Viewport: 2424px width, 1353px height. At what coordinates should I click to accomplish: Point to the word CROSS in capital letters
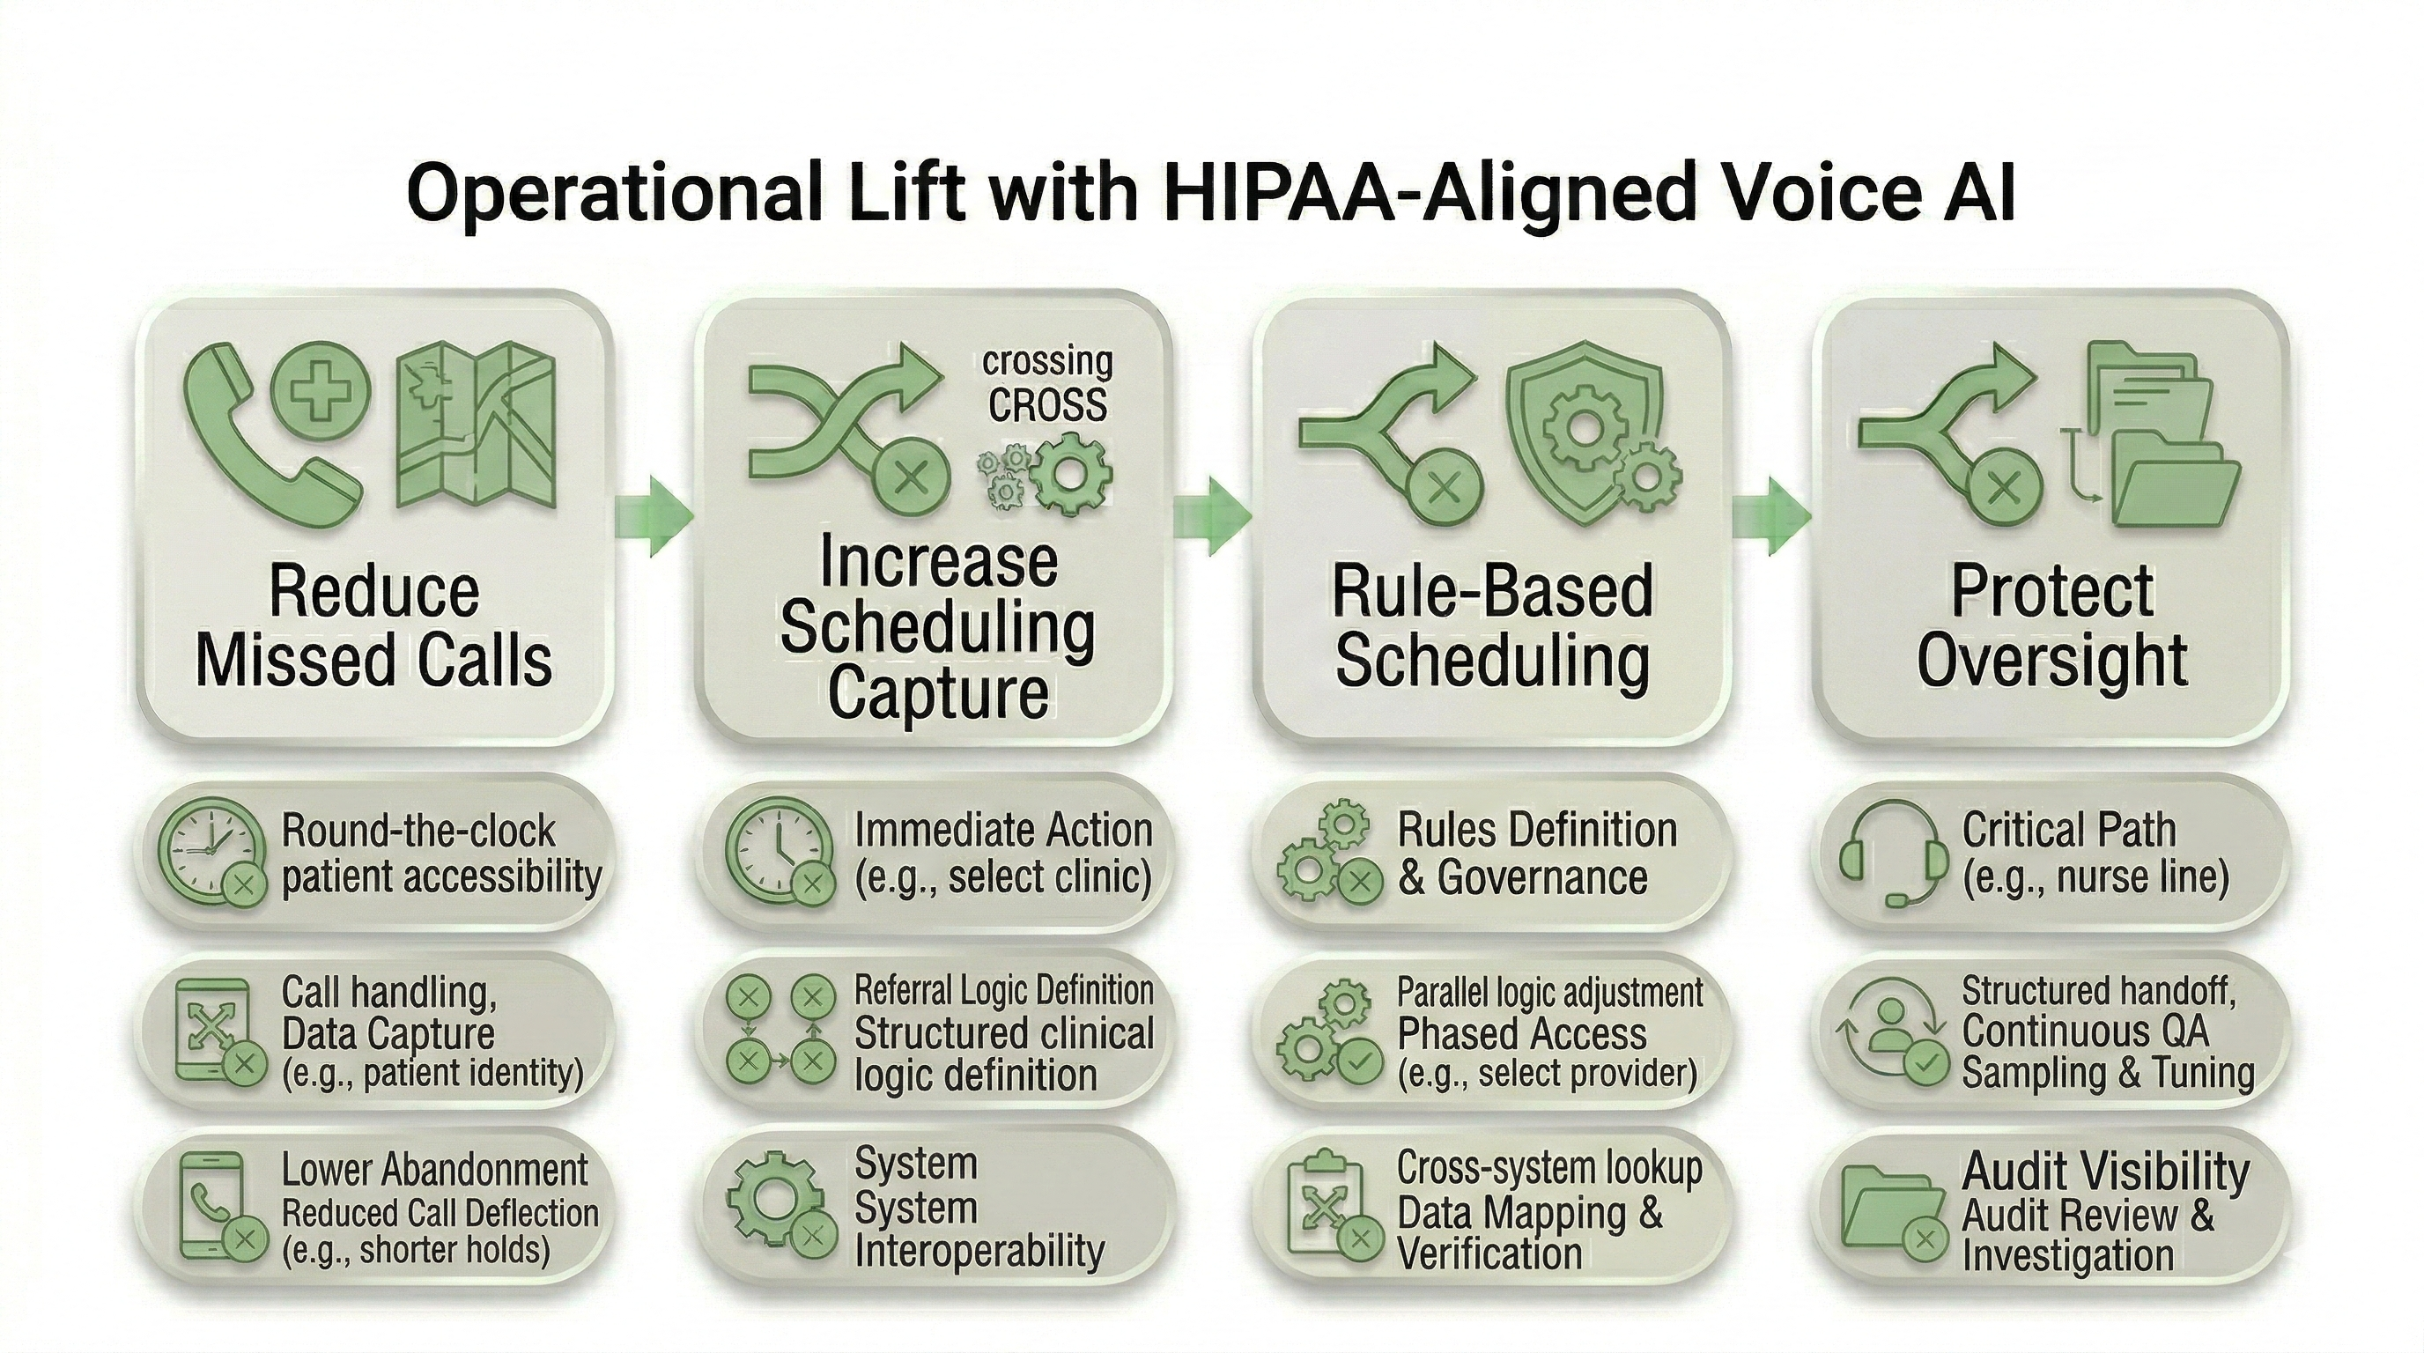point(1046,404)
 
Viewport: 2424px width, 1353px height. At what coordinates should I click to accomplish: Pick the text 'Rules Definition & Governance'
point(1536,854)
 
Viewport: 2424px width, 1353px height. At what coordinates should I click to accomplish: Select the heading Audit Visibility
point(2105,1171)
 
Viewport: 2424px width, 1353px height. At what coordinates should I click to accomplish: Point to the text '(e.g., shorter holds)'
point(416,1251)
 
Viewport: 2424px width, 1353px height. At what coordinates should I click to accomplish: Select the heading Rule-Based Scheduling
point(1492,625)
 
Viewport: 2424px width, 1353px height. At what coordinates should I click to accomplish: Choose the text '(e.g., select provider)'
point(1547,1073)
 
